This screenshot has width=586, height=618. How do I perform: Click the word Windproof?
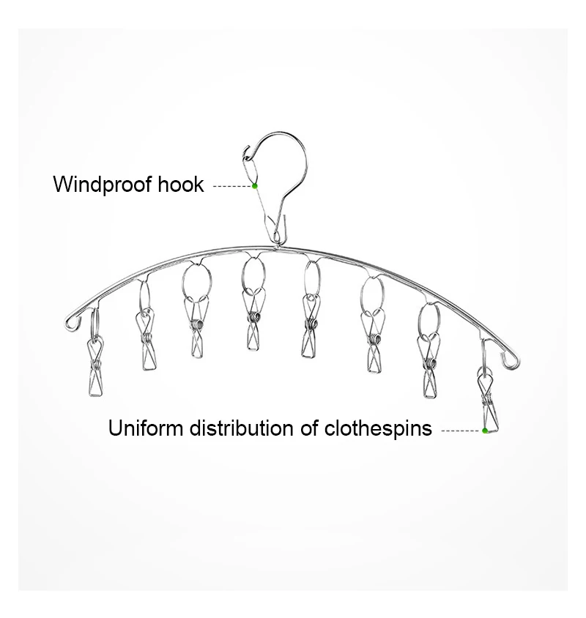click(x=103, y=185)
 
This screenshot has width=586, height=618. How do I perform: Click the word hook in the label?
click(x=181, y=184)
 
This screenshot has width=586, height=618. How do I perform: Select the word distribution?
click(x=241, y=428)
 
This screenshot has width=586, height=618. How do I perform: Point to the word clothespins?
click(x=378, y=428)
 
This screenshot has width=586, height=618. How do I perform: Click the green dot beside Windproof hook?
click(x=255, y=186)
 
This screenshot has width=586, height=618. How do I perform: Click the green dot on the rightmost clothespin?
click(x=485, y=431)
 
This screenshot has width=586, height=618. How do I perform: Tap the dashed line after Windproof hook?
click(x=232, y=186)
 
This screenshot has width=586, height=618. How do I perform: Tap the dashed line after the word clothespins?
click(x=461, y=431)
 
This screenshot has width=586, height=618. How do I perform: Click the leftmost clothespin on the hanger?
click(x=95, y=366)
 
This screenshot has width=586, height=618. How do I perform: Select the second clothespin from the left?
click(x=146, y=340)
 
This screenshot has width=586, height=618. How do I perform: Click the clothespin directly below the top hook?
click(x=253, y=319)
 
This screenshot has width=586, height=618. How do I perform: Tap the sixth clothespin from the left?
click(x=373, y=341)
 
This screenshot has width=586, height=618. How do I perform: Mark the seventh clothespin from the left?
click(x=429, y=365)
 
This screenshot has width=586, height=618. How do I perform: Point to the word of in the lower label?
click(x=309, y=428)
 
